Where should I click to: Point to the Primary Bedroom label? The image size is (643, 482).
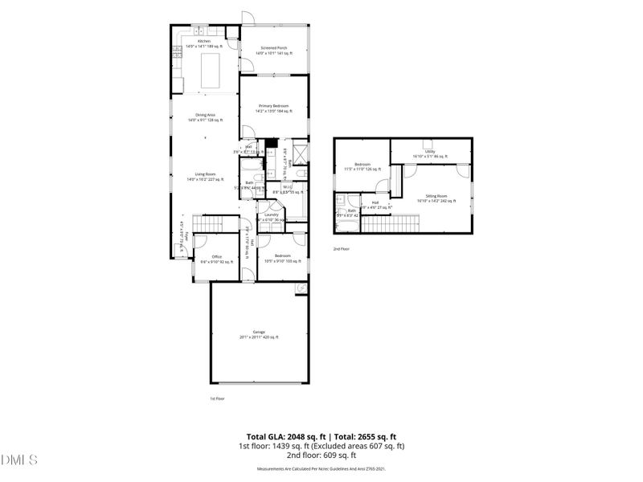click(274, 108)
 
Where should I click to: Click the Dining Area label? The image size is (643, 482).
click(204, 117)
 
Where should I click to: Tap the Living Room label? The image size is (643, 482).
click(205, 176)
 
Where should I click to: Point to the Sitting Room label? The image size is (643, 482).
click(436, 198)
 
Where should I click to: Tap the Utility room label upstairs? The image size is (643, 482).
click(430, 153)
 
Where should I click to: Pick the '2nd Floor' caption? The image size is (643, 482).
click(342, 249)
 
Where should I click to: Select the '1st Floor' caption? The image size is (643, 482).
click(217, 398)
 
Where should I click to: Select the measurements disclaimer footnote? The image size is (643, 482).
click(321, 468)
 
